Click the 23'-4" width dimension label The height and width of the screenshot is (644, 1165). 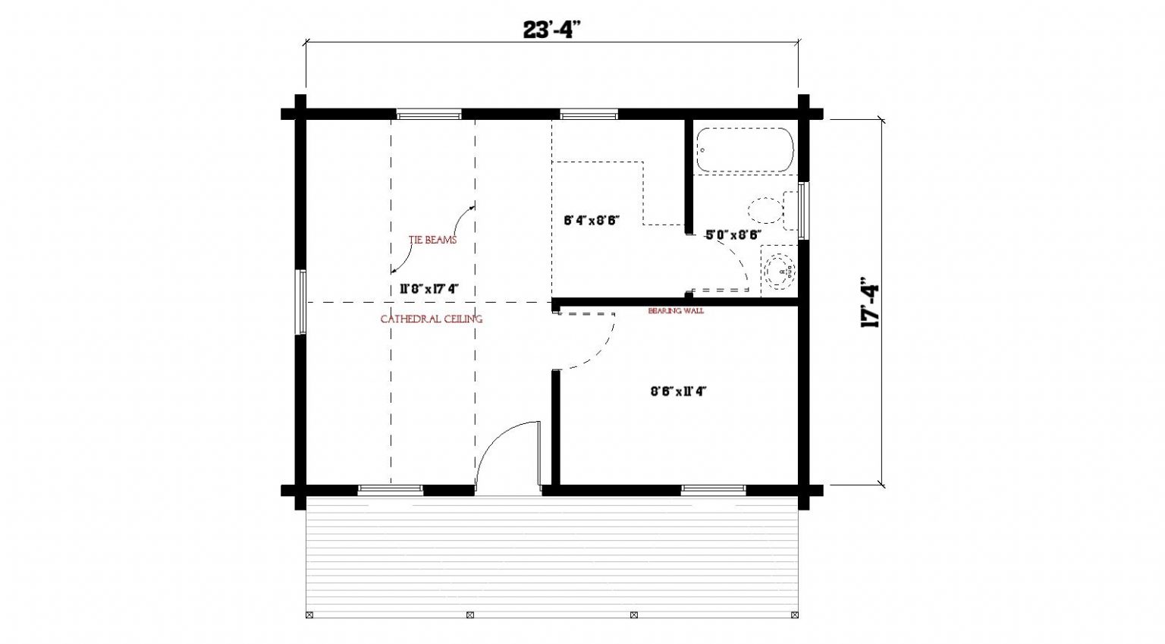point(551,30)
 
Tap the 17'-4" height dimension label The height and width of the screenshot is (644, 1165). point(870,302)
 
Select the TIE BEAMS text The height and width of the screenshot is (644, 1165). point(432,240)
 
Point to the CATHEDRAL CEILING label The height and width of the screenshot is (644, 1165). point(431,319)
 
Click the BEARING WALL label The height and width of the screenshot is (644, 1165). point(676,310)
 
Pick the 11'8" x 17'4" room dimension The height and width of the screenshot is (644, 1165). point(429,289)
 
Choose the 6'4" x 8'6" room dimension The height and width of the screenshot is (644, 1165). point(592,220)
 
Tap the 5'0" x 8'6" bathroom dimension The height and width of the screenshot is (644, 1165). point(733,234)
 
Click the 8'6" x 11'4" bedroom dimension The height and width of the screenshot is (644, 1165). point(677,391)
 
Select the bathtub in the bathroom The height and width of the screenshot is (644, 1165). point(746,150)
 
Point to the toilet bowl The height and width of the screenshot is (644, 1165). point(765,210)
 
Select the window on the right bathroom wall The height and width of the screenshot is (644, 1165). point(803,211)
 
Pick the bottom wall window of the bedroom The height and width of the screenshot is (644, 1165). point(714,490)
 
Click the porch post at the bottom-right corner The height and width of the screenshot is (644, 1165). point(795,615)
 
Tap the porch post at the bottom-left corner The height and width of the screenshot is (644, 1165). point(309,615)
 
